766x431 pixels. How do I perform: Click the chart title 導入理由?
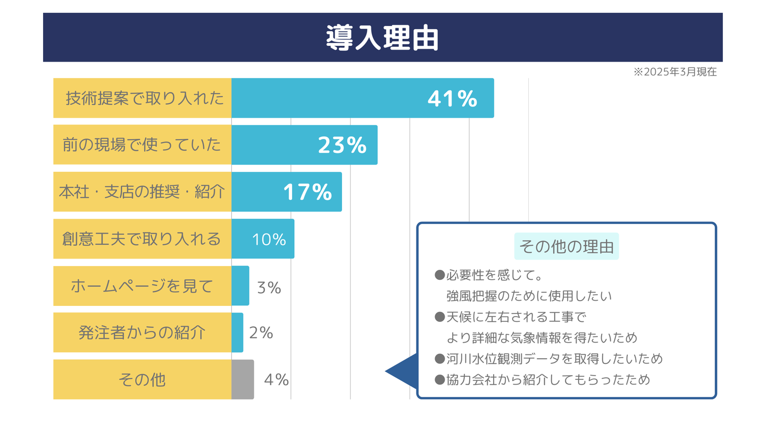click(x=382, y=37)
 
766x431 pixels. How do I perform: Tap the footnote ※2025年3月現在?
click(x=675, y=72)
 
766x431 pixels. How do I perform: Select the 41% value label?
click(x=452, y=98)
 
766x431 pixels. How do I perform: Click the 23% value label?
click(x=342, y=145)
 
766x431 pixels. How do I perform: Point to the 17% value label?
click(x=307, y=192)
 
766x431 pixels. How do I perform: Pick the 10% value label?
click(x=269, y=239)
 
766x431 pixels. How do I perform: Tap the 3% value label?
click(x=269, y=287)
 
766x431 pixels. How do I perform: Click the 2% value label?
click(x=261, y=333)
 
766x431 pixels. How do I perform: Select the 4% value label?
click(x=276, y=380)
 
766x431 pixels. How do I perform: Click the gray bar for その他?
click(x=243, y=379)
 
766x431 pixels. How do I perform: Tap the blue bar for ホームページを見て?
click(x=240, y=286)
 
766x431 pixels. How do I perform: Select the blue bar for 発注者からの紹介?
click(x=237, y=333)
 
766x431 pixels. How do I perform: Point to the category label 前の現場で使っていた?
click(x=141, y=145)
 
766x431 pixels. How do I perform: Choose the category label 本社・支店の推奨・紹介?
click(x=142, y=192)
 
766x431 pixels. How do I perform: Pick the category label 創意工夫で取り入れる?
click(x=141, y=239)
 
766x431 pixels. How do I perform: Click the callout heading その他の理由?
click(x=566, y=246)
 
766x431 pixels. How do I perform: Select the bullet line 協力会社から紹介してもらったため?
click(x=548, y=380)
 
